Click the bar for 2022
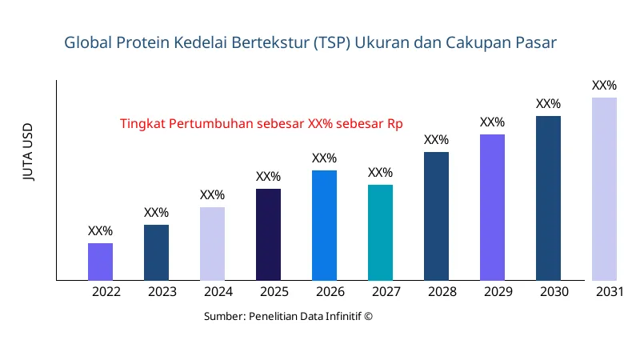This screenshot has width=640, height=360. click(100, 262)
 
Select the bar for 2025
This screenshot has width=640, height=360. click(268, 234)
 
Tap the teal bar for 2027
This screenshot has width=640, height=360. click(380, 233)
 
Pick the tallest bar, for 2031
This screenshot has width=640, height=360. click(604, 189)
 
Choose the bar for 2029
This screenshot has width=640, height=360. click(492, 207)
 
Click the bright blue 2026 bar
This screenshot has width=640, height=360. click(324, 226)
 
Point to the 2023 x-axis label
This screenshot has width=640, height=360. click(162, 292)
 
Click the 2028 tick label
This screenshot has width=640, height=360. click(442, 292)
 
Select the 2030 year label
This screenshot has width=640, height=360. click(554, 292)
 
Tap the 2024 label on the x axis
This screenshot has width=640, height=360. click(218, 292)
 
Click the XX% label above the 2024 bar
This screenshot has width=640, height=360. click(212, 194)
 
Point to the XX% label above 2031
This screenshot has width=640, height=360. click(604, 85)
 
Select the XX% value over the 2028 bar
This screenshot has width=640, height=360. click(436, 140)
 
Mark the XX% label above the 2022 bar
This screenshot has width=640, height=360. click(100, 230)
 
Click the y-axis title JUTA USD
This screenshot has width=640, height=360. click(29, 153)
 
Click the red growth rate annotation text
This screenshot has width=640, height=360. click(261, 124)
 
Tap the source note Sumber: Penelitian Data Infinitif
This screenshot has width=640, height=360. click(288, 316)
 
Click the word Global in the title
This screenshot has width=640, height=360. click(89, 42)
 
